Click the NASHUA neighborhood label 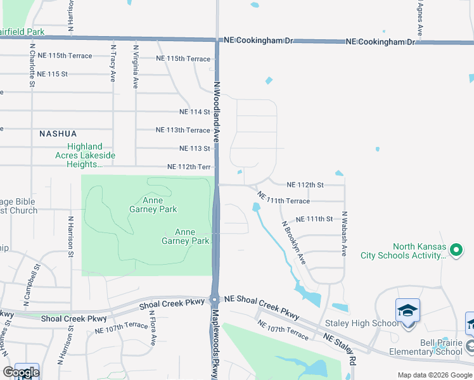(58, 134)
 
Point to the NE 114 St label (195, 112)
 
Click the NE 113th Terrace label (183, 130)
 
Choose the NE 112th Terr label (188, 167)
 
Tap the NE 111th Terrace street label (284, 201)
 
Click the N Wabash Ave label (344, 233)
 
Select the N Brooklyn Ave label (294, 242)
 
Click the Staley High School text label (362, 324)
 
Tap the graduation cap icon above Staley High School (407, 310)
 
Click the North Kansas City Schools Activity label (420, 251)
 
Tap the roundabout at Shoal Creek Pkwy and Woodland (215, 300)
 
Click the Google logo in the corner (21, 372)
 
